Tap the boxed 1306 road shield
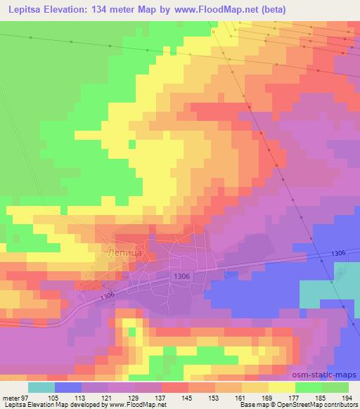pos(179,276)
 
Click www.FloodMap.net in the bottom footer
pos(137,405)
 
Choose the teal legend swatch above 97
pos(41,387)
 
